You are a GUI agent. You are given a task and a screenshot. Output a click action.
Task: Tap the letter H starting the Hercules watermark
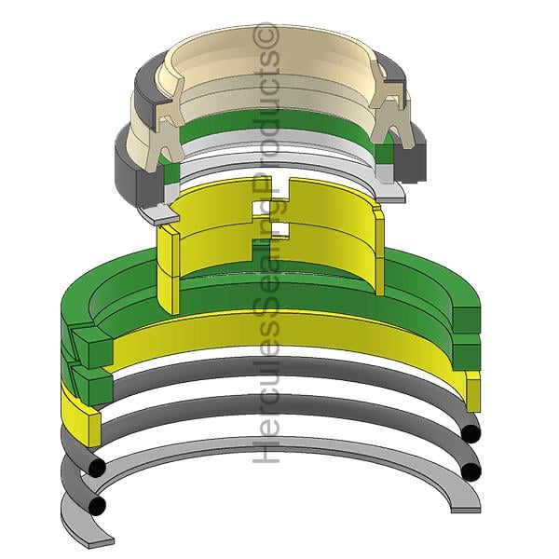(266, 451)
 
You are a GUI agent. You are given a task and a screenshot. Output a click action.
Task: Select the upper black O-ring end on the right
(470, 433)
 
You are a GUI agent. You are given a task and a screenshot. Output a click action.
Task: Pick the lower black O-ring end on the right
(470, 471)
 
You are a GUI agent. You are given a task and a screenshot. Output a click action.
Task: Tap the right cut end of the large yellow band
(473, 391)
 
